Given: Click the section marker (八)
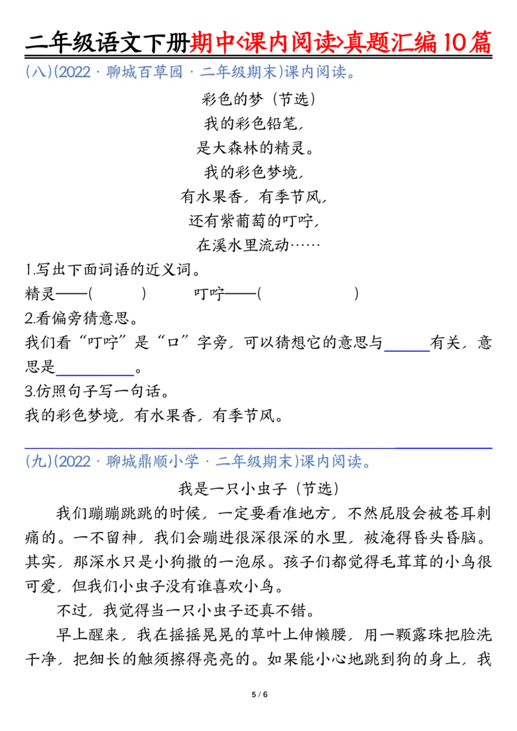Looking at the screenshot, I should (38, 72).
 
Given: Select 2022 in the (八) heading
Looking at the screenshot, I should (75, 72).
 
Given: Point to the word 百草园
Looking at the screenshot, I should (170, 72).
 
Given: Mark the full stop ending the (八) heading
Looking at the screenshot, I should (352, 73).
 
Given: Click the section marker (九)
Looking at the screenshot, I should (38, 462).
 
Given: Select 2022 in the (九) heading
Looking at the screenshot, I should (75, 462).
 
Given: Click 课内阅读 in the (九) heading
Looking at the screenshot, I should (330, 462).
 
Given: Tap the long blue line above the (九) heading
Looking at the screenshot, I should (445, 447).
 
